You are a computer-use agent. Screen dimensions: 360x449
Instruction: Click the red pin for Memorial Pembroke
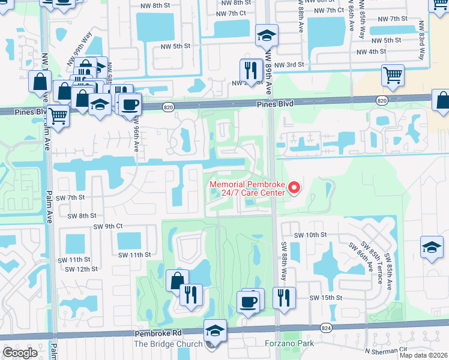pyautogui.click(x=294, y=188)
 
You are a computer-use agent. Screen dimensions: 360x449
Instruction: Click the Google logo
pyautogui.click(x=20, y=353)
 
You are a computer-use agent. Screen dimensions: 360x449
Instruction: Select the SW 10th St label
pyautogui.click(x=310, y=235)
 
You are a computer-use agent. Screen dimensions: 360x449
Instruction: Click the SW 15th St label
pyautogui.click(x=325, y=298)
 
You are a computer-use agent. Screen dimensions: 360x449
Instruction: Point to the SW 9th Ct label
pyautogui.click(x=108, y=226)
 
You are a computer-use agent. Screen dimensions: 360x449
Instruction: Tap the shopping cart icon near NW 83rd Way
pyautogui.click(x=393, y=76)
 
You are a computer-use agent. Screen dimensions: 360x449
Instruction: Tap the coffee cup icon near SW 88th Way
pyautogui.click(x=249, y=301)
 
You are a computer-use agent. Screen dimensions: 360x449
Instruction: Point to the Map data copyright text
pyautogui.click(x=423, y=355)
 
